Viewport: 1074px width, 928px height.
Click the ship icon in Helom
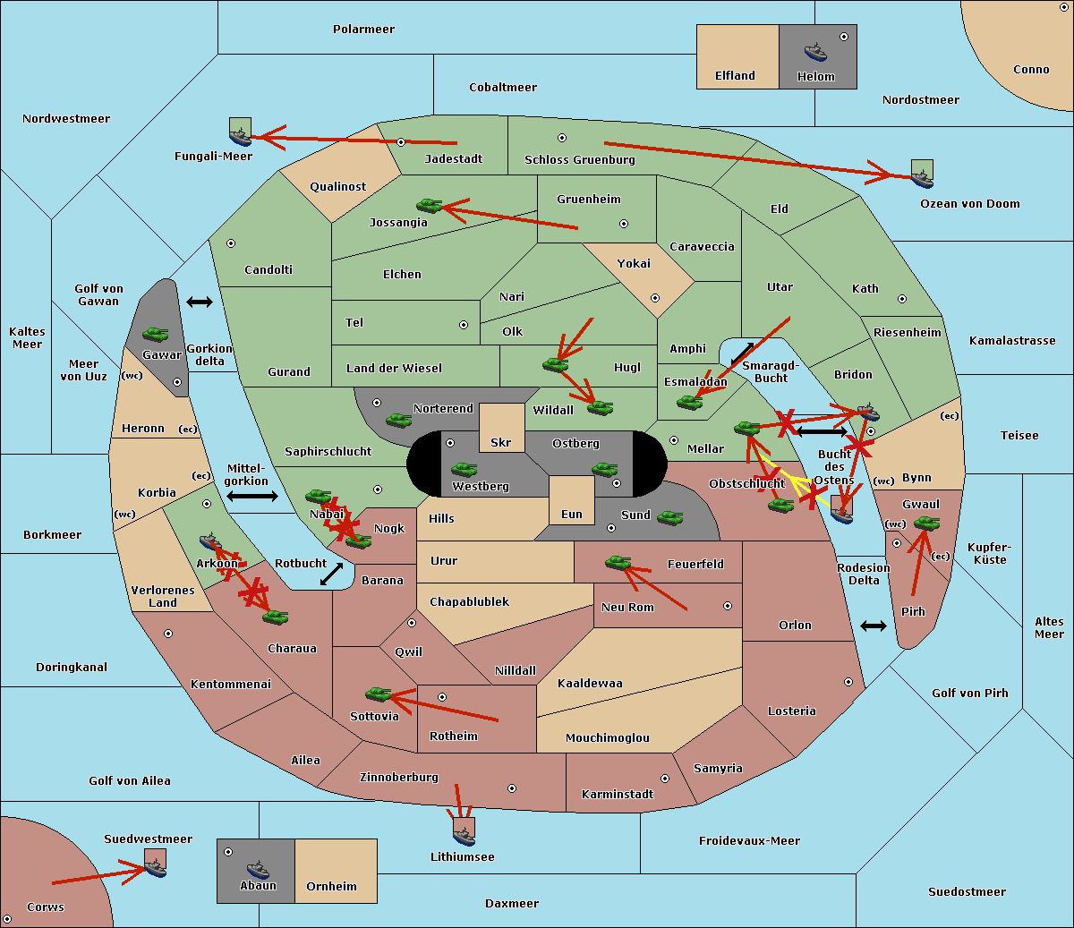(x=814, y=51)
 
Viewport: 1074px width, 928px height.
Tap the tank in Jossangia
(x=430, y=205)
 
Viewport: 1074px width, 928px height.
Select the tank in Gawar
(x=156, y=334)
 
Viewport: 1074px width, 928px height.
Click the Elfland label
(x=735, y=76)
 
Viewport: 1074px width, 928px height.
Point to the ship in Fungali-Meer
(x=240, y=135)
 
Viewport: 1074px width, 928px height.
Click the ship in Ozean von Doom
(x=922, y=176)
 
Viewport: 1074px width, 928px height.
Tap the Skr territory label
(x=501, y=443)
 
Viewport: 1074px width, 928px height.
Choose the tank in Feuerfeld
(x=618, y=562)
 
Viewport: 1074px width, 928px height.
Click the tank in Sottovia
(x=379, y=694)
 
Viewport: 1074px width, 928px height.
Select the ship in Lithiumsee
(x=464, y=835)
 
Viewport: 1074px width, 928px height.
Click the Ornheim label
(x=331, y=887)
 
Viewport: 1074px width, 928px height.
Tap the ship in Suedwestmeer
(x=156, y=866)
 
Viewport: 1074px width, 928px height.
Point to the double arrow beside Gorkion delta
(x=200, y=302)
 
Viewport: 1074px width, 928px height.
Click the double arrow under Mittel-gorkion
(x=252, y=496)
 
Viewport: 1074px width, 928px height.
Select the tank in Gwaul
(x=926, y=524)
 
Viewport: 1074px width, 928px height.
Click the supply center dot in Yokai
(x=654, y=298)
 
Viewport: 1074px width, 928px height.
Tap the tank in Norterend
(x=399, y=419)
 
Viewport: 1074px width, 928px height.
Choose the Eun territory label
(x=572, y=515)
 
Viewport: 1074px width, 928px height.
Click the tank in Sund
(x=670, y=517)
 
